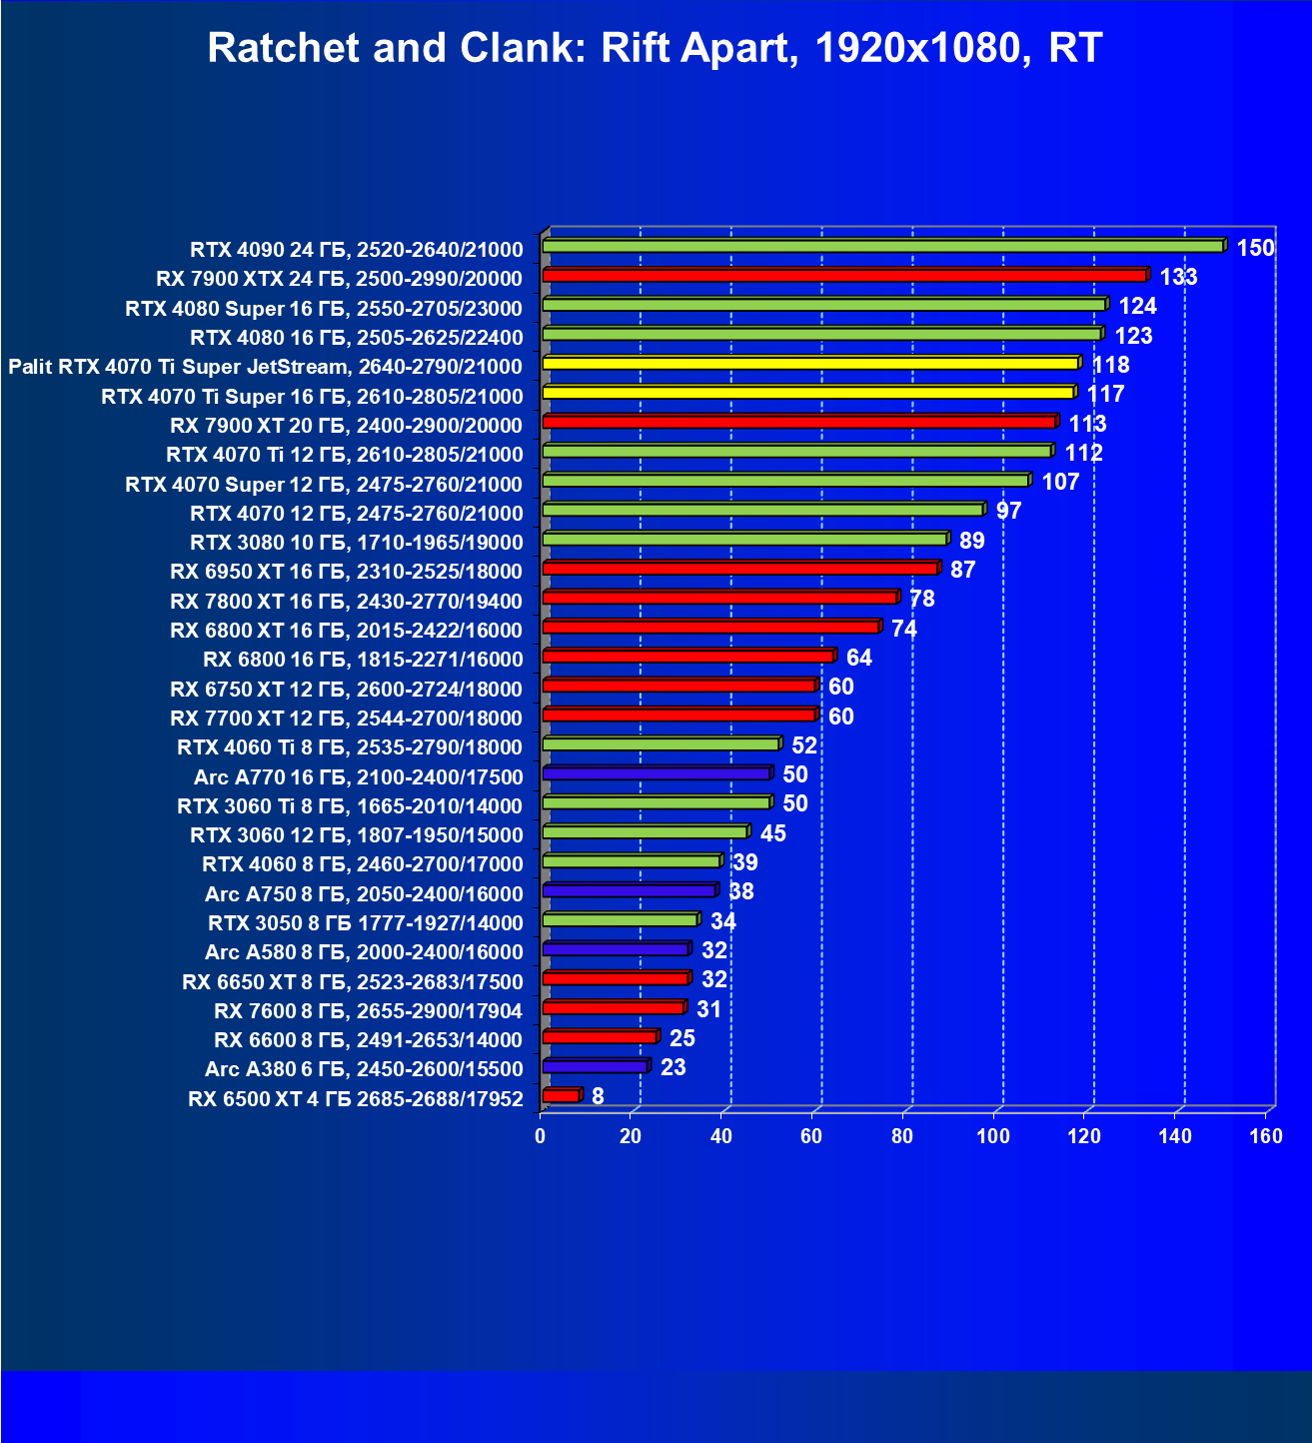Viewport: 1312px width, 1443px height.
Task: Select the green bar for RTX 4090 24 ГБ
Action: pos(882,246)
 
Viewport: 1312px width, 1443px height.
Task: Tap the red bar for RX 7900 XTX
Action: pos(844,275)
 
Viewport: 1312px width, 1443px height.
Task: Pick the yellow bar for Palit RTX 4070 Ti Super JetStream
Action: pos(810,363)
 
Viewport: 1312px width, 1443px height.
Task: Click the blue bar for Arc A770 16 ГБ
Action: pos(656,773)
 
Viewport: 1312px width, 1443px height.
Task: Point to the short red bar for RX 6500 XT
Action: pos(561,1096)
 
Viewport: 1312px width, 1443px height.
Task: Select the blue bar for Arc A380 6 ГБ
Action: pos(595,1066)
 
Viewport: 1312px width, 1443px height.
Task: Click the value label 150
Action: pos(1255,248)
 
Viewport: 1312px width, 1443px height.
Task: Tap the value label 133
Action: pos(1178,277)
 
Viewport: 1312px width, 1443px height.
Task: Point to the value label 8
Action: pos(598,1096)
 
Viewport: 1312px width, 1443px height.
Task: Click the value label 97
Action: pos(1008,511)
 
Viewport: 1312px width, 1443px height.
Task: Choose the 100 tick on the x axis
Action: pos(992,1136)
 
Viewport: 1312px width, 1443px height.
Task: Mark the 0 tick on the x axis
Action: pos(541,1136)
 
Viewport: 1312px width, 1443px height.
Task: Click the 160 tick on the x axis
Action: pos(1265,1136)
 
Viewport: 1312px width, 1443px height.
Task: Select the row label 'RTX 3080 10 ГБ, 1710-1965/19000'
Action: pos(356,543)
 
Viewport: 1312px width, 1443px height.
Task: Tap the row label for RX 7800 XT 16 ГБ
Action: pos(346,602)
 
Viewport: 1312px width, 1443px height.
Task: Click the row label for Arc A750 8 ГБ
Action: pos(364,894)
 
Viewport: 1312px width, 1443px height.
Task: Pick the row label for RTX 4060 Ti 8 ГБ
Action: pos(350,747)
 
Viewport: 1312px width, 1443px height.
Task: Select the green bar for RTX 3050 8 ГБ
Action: pos(620,919)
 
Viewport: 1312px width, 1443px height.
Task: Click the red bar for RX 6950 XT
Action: pos(739,568)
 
